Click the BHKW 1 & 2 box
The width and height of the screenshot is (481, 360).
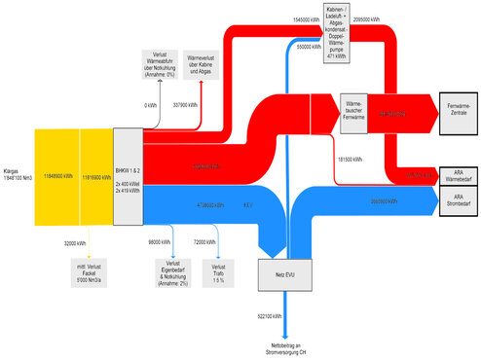pyautogui.click(x=129, y=178)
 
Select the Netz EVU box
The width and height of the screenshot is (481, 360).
pyautogui.click(x=277, y=275)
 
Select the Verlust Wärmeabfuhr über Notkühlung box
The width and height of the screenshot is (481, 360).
pyautogui.click(x=162, y=64)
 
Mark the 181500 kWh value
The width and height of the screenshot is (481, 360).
pyautogui.click(x=351, y=158)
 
